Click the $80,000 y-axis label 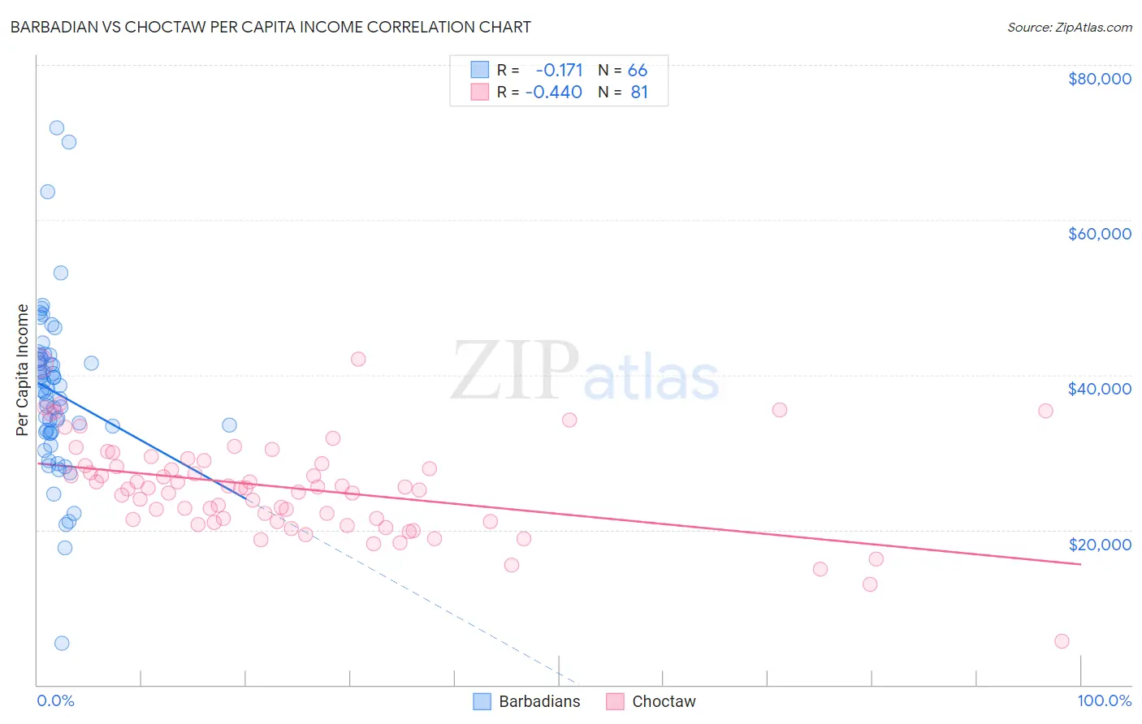(x=1099, y=79)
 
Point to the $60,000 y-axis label (x=1099, y=234)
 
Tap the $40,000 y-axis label (x=1099, y=389)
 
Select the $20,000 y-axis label (x=1099, y=545)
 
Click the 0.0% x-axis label (x=55, y=701)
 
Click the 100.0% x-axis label (x=1104, y=701)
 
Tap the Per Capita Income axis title (x=23, y=369)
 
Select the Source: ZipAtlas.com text (x=1069, y=27)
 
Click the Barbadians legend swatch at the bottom (x=482, y=701)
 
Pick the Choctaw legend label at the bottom (x=664, y=701)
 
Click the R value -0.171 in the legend (x=559, y=71)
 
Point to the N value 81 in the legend (x=639, y=93)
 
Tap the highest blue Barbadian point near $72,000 (x=57, y=127)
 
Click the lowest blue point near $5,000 (x=62, y=644)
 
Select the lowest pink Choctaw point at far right (x=1062, y=641)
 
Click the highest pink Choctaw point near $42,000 (x=358, y=359)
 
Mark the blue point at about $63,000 (x=48, y=192)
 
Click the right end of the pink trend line (x=1080, y=564)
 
